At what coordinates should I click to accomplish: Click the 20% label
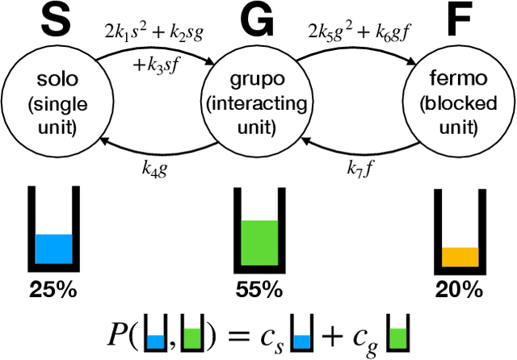[x=458, y=288]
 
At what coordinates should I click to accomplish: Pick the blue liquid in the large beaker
[x=54, y=249]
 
